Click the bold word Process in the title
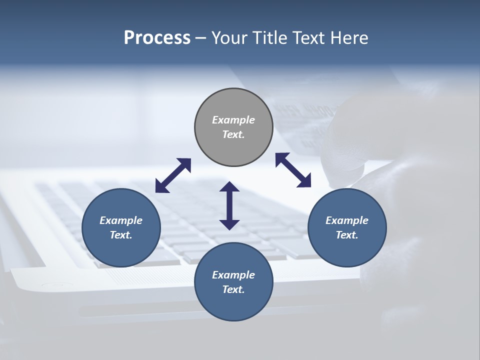[x=157, y=38]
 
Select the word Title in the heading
[x=269, y=38]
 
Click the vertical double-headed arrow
[x=229, y=205]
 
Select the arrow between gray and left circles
[x=173, y=175]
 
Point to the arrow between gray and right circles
[x=293, y=170]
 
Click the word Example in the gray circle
[x=233, y=120]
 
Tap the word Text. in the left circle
[x=121, y=235]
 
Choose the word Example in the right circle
[x=347, y=220]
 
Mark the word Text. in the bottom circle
[x=233, y=289]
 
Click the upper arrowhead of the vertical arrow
[x=229, y=187]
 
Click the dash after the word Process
[x=200, y=38]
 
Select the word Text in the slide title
[x=308, y=38]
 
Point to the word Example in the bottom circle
[x=233, y=275]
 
